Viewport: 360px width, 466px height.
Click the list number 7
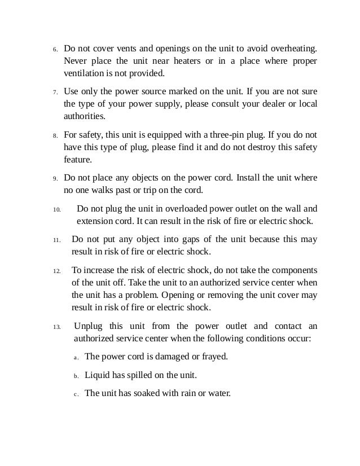click(x=55, y=93)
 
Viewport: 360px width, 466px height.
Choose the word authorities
click(x=84, y=117)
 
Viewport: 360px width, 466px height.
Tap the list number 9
click(x=55, y=178)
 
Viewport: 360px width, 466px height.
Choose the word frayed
click(x=214, y=357)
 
